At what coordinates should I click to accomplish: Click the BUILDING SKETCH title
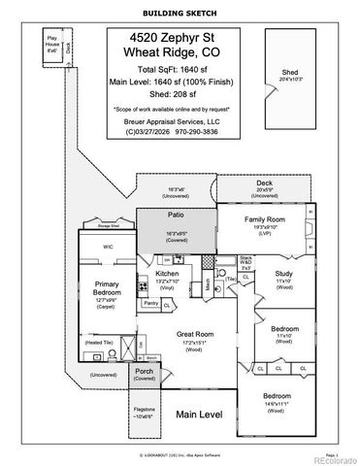click(179, 14)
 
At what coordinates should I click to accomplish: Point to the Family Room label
click(261, 219)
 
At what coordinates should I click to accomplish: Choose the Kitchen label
click(168, 275)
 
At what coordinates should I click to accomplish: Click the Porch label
click(144, 372)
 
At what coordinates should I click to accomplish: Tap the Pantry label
click(150, 304)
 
